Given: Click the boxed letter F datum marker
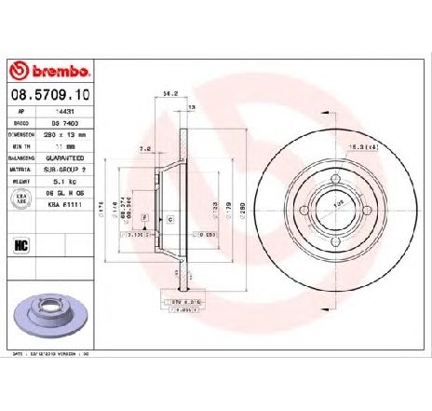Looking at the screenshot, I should click(145, 216).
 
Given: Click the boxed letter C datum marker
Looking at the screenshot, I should click(171, 216).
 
